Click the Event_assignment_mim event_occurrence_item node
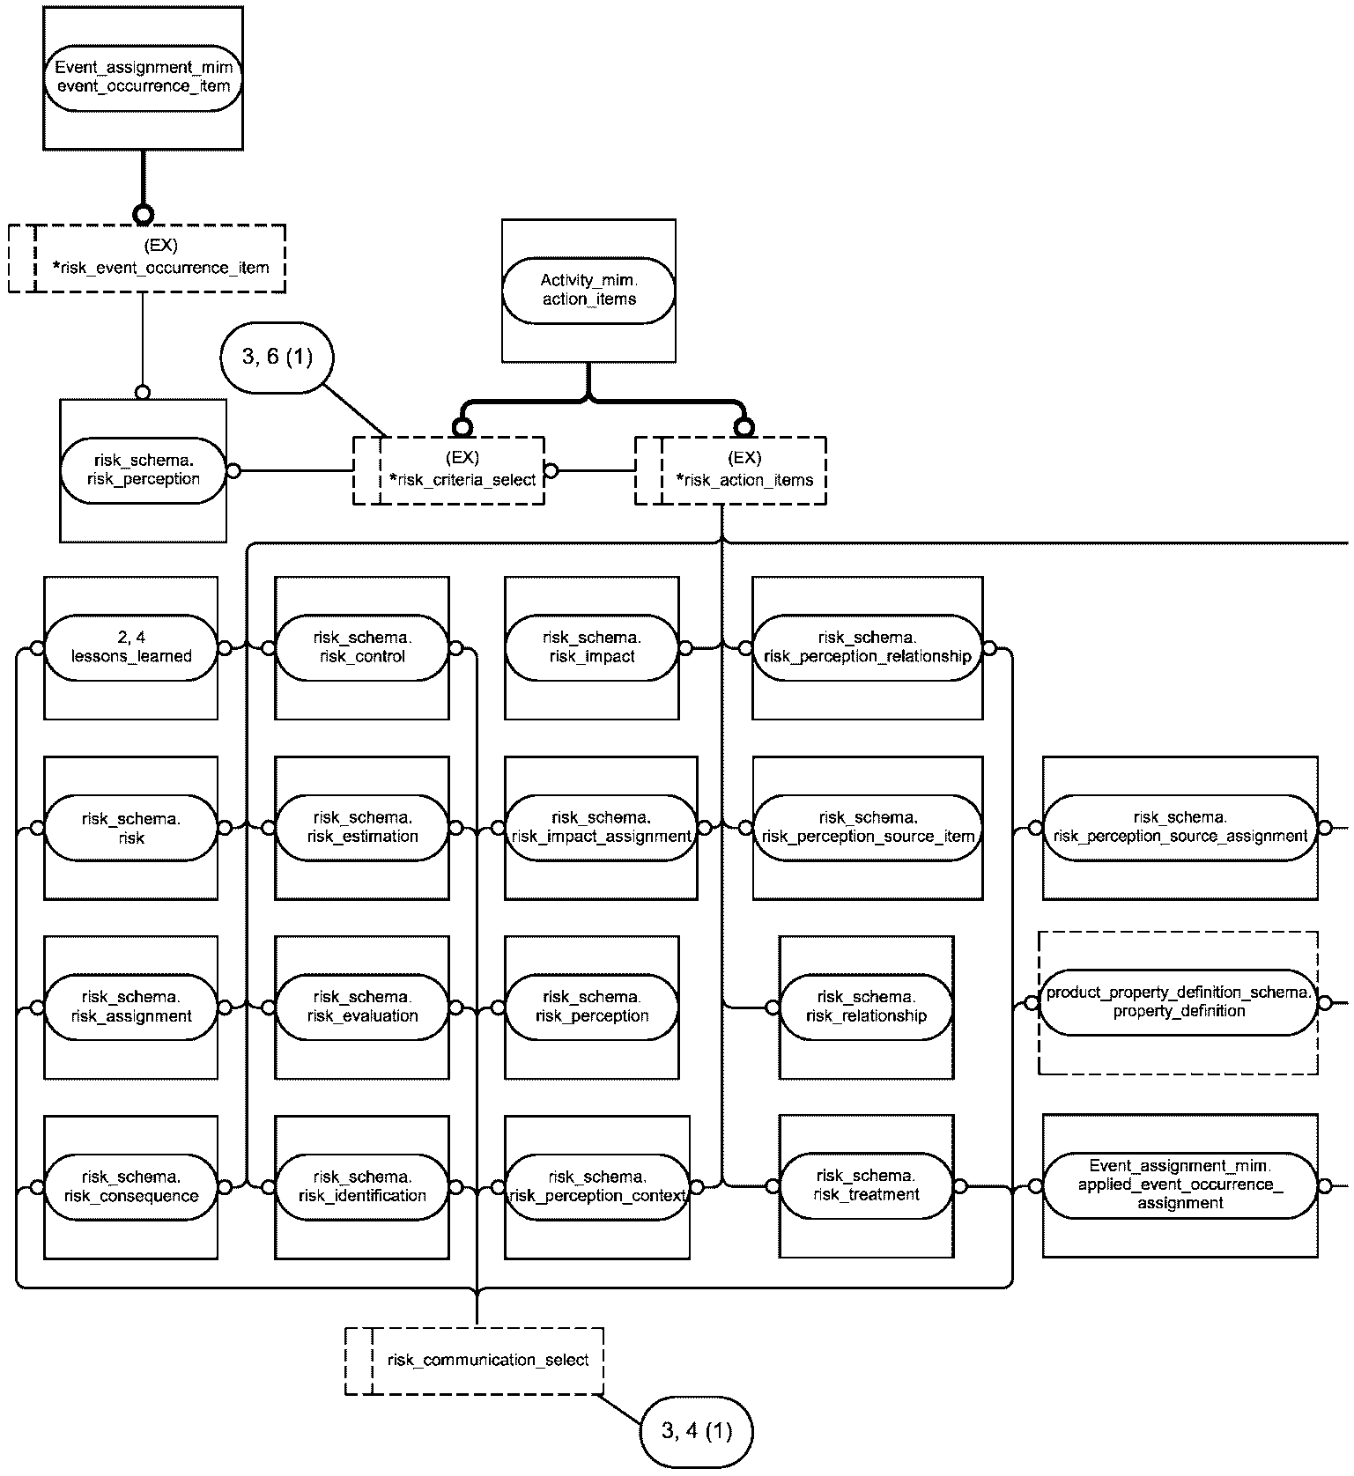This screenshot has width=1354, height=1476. pyautogui.click(x=143, y=77)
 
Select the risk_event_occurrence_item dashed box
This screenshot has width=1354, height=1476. pyautogui.click(x=147, y=258)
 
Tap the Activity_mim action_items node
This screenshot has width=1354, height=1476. pyautogui.click(x=588, y=291)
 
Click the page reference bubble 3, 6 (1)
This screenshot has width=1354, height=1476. pyautogui.click(x=277, y=357)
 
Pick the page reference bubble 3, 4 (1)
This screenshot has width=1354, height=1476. pyautogui.click(x=697, y=1431)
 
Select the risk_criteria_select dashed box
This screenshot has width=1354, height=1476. pyautogui.click(x=448, y=470)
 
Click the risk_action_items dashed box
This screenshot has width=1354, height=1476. pyautogui.click(x=730, y=470)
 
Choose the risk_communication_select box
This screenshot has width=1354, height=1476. pyautogui.click(x=474, y=1361)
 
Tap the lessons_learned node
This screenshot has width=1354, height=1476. pyautogui.click(x=130, y=648)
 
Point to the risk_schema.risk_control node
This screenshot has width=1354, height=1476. pyautogui.click(x=362, y=648)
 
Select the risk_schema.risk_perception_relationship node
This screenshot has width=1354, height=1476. pyautogui.click(x=868, y=648)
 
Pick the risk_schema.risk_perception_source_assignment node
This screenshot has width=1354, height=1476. pyautogui.click(x=1180, y=828)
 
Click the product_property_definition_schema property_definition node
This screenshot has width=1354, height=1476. pyautogui.click(x=1179, y=1002)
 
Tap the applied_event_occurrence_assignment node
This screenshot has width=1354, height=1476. pyautogui.click(x=1180, y=1184)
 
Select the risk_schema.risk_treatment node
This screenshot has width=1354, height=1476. pyautogui.click(x=866, y=1185)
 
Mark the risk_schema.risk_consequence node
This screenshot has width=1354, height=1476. pyautogui.click(x=130, y=1187)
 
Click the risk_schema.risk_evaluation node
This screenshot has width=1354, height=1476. pyautogui.click(x=362, y=1007)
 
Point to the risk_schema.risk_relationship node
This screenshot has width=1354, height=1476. pyautogui.click(x=866, y=1007)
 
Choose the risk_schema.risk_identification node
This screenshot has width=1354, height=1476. pyautogui.click(x=362, y=1187)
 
